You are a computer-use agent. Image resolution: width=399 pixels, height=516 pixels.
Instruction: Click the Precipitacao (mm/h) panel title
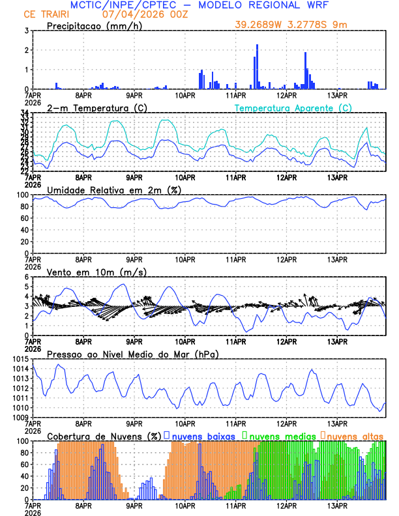[93, 26]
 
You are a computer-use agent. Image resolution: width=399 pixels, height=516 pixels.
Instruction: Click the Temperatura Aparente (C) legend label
[293, 107]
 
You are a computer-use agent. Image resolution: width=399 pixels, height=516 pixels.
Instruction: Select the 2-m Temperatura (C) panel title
[96, 107]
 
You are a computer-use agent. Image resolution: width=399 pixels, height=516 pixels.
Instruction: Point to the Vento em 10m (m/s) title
[96, 272]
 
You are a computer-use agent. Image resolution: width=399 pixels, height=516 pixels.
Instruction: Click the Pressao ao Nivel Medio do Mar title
[132, 354]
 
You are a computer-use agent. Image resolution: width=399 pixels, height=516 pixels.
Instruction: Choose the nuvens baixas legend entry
[202, 436]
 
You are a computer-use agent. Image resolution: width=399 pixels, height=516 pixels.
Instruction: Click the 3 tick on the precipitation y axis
[25, 31]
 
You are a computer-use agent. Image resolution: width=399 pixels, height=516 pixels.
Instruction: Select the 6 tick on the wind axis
[25, 277]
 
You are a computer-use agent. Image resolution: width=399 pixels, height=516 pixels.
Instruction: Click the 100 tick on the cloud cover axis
[22, 441]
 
